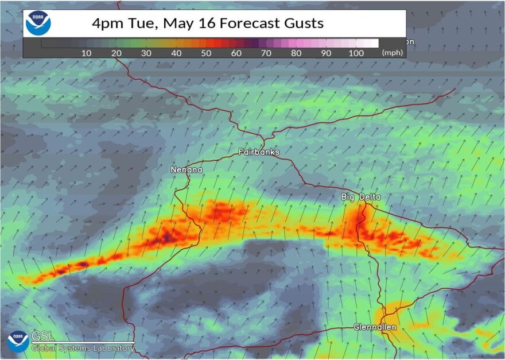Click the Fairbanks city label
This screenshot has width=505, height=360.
pyautogui.click(x=259, y=152)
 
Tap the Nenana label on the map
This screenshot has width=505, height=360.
pyautogui.click(x=187, y=170)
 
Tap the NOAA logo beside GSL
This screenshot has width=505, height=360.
pyautogui.click(x=17, y=342)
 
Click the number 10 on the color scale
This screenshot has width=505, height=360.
pyautogui.click(x=86, y=53)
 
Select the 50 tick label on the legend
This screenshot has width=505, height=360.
pyautogui.click(x=206, y=53)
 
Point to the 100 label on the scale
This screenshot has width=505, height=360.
pyautogui.click(x=356, y=53)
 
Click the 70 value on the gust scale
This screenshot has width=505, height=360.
pyautogui.click(x=266, y=53)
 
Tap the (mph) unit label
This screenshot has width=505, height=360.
pyautogui.click(x=393, y=53)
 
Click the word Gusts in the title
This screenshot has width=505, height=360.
pyautogui.click(x=302, y=24)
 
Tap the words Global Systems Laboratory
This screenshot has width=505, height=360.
pyautogui.click(x=83, y=348)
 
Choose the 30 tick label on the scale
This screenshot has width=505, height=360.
pyautogui.click(x=146, y=53)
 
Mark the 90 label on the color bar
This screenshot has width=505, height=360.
pyautogui.click(x=326, y=53)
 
